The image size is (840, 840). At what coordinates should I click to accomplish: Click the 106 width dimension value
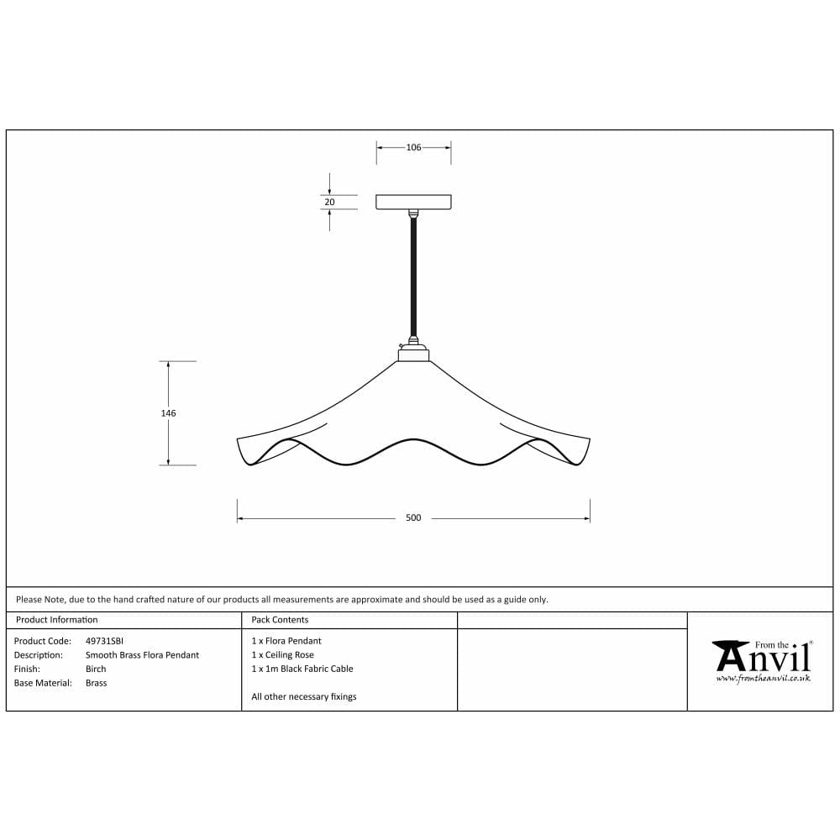click(x=413, y=148)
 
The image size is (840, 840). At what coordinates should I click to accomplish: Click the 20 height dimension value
click(x=329, y=202)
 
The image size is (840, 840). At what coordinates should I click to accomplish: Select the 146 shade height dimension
click(x=169, y=413)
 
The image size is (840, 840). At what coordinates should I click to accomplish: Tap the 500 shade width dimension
click(x=413, y=518)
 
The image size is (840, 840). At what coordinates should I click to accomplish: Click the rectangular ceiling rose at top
click(x=413, y=202)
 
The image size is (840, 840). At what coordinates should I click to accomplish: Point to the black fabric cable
click(x=413, y=277)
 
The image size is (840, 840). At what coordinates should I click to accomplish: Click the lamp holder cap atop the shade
click(x=413, y=354)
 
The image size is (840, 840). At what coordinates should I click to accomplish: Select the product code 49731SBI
click(x=105, y=641)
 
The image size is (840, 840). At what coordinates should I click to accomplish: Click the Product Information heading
click(x=57, y=620)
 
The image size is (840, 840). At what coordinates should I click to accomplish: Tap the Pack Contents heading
click(x=280, y=620)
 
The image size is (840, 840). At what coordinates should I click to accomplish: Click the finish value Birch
click(x=96, y=669)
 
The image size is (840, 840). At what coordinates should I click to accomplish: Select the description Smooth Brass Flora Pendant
click(x=142, y=655)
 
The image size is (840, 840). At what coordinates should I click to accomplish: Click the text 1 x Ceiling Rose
click(x=282, y=655)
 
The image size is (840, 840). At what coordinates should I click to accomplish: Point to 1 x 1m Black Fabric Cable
click(x=302, y=669)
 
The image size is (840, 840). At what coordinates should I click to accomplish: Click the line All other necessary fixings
click(x=303, y=697)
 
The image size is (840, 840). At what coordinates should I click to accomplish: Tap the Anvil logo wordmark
click(x=761, y=658)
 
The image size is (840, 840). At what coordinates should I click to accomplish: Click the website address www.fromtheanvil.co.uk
click(x=763, y=679)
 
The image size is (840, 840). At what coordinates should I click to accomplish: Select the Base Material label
click(x=43, y=684)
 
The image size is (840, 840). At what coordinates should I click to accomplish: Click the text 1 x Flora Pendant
click(x=286, y=641)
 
